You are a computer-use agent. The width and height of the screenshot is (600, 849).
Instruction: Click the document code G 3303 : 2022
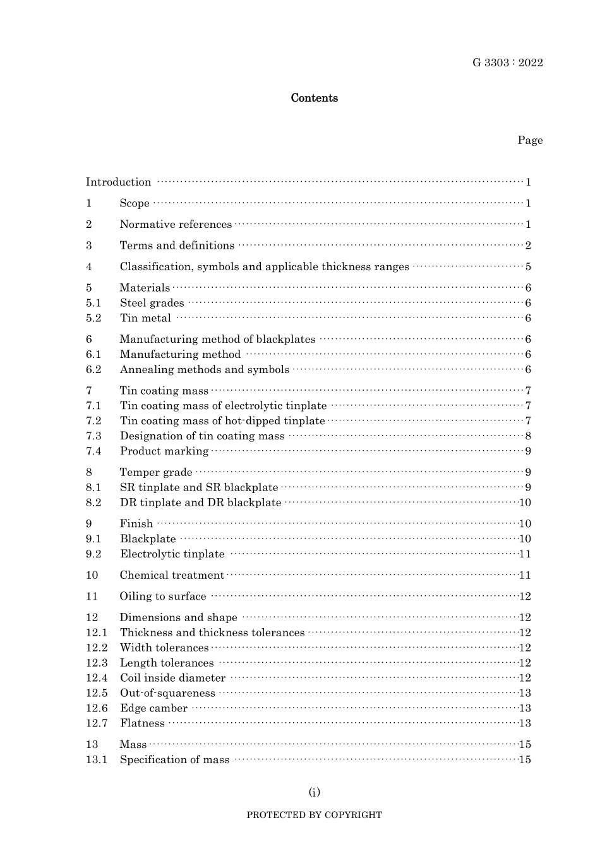(507, 62)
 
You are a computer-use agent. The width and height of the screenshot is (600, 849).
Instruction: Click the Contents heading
(314, 98)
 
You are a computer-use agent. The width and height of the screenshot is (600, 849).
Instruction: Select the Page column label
(530, 140)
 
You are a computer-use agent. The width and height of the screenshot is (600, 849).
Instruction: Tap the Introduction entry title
(119, 182)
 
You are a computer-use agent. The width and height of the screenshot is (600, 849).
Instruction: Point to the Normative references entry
(176, 225)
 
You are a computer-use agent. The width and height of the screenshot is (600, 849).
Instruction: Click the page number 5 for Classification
(528, 267)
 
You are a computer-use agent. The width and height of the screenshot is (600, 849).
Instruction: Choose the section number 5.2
(93, 318)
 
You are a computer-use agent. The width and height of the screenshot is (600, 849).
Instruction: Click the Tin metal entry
(145, 318)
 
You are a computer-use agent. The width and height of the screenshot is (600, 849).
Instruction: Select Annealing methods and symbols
(204, 370)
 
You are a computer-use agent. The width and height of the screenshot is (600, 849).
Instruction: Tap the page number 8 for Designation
(528, 436)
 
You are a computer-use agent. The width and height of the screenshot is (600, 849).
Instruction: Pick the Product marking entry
(164, 451)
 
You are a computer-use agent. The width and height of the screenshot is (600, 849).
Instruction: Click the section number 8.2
(93, 503)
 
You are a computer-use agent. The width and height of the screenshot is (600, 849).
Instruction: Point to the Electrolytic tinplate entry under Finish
(172, 554)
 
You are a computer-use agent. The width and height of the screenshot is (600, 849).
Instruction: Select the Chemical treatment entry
(172, 576)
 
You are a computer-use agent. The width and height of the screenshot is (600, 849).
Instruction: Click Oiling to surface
(163, 597)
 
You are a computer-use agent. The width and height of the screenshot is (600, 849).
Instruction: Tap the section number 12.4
(97, 678)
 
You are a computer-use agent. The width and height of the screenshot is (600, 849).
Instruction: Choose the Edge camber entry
(153, 708)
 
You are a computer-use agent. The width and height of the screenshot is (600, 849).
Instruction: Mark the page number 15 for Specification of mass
(525, 760)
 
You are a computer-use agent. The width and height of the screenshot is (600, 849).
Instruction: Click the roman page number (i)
(314, 792)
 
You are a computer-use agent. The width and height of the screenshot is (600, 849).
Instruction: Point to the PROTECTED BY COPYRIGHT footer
(314, 815)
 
